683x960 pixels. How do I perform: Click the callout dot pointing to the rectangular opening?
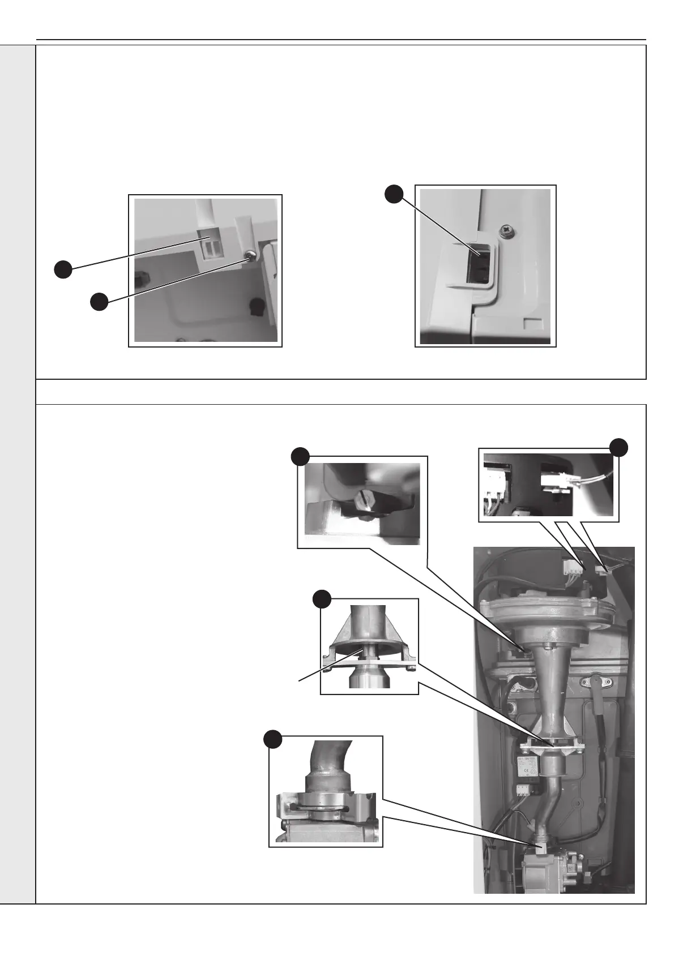(x=394, y=195)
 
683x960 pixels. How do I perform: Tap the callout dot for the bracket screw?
(x=99, y=302)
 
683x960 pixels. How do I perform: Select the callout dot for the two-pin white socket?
(x=63, y=269)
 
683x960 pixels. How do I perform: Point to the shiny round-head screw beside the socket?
(x=248, y=256)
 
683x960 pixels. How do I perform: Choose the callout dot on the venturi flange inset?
(x=322, y=598)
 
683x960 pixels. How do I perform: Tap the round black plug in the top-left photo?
(x=257, y=307)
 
